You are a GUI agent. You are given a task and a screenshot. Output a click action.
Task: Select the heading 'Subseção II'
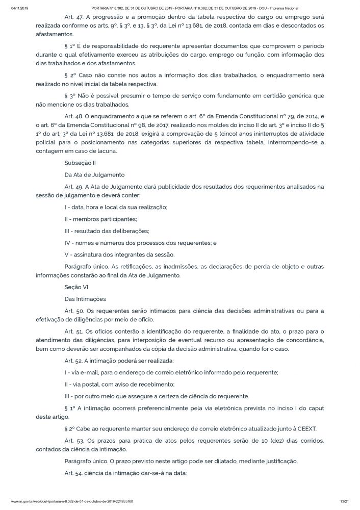pyautogui.click(x=80, y=164)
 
